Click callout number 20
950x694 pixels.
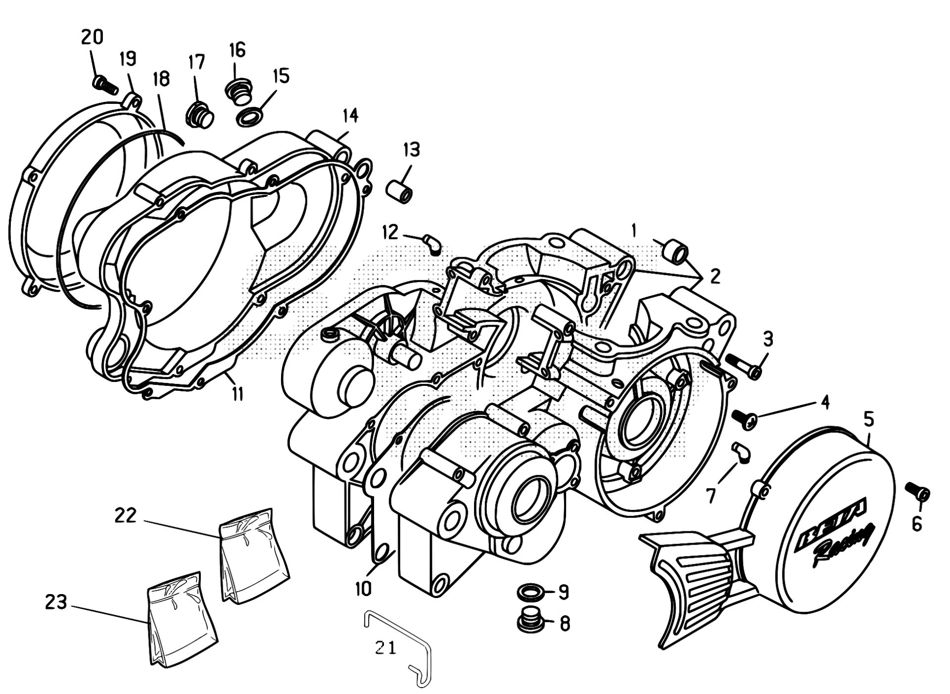point(92,38)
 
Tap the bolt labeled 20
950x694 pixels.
point(105,85)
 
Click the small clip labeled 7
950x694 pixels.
point(741,452)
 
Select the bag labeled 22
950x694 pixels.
point(253,556)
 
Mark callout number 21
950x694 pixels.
point(385,648)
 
